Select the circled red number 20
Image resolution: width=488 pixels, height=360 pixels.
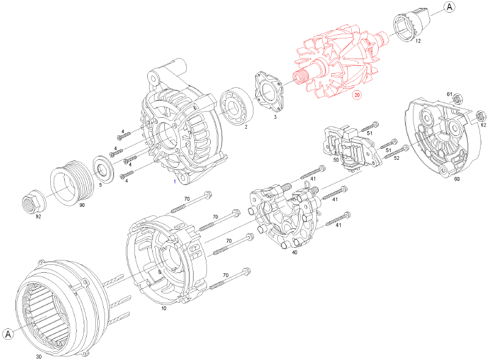coord(357,95)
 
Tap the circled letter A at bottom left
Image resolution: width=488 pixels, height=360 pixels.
coord(9,334)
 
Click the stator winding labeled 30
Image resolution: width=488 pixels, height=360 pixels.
coord(52,305)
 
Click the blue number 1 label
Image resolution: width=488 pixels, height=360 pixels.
coord(175,182)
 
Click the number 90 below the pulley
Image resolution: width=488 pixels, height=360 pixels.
coord(82,206)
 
